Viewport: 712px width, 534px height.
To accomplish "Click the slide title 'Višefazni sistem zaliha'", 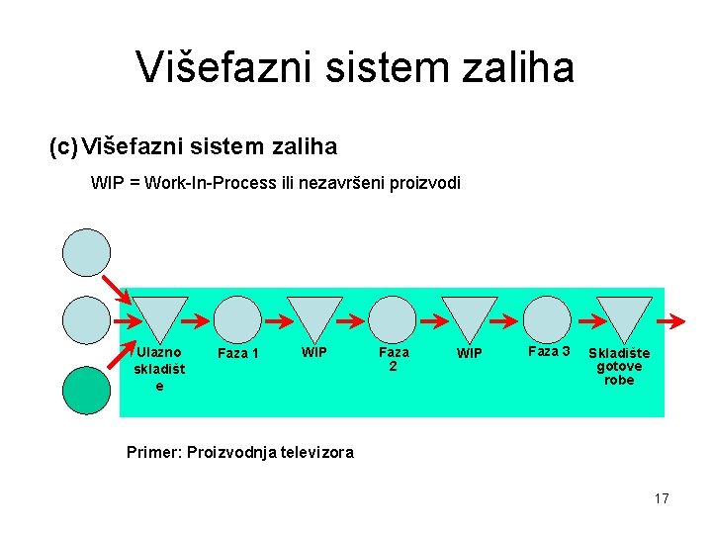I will pyautogui.click(x=355, y=67).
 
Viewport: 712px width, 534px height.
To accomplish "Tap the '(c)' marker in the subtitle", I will pyautogui.click(x=63, y=147).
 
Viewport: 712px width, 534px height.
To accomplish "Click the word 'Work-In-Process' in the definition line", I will pyautogui.click(x=209, y=184).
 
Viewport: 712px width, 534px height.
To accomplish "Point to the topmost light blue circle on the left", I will pyautogui.click(x=87, y=251).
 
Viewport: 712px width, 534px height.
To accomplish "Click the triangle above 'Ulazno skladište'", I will pyautogui.click(x=159, y=318).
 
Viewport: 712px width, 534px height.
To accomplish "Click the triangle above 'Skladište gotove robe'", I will pyautogui.click(x=625, y=318).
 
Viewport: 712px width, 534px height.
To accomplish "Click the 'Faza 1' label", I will pyautogui.click(x=237, y=353).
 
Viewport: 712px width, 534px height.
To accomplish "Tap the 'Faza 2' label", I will pyautogui.click(x=394, y=358).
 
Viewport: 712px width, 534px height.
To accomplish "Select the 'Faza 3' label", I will pyautogui.click(x=549, y=351).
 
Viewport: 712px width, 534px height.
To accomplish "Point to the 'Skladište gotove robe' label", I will pyautogui.click(x=619, y=366).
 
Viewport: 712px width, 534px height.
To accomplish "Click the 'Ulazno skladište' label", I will pyautogui.click(x=158, y=368).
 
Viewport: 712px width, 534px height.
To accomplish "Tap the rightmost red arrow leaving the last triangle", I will pyautogui.click(x=672, y=320).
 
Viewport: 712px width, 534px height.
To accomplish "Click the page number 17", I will pyautogui.click(x=661, y=498).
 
